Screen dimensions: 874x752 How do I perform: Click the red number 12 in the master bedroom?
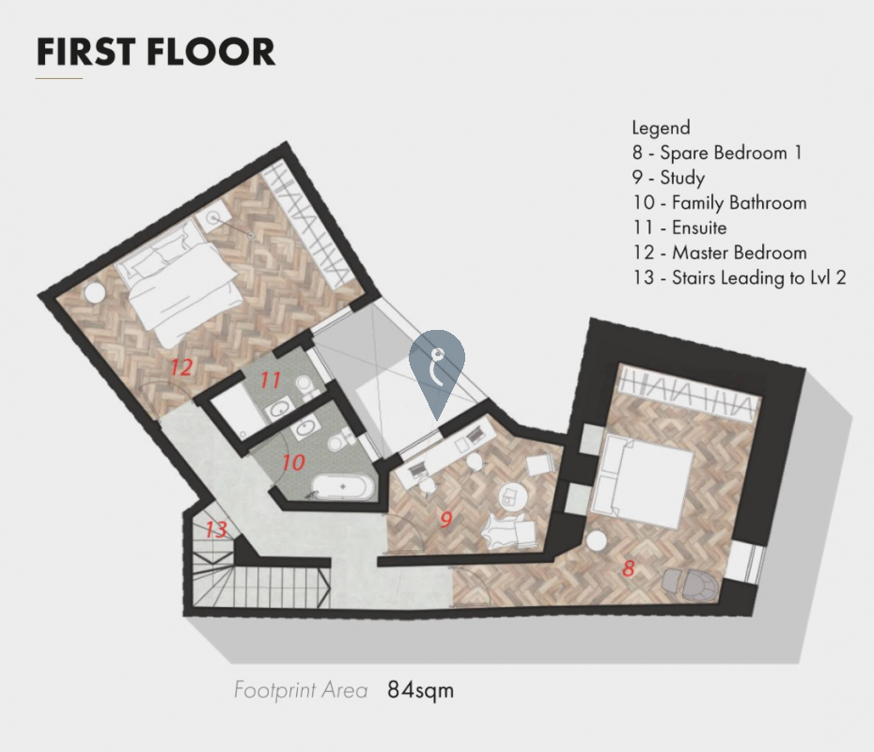(181, 368)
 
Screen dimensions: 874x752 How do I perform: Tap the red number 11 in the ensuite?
(271, 380)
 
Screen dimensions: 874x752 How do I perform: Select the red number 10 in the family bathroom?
(293, 462)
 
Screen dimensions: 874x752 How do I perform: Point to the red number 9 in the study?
(445, 520)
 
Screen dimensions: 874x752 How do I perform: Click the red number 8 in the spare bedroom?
(628, 569)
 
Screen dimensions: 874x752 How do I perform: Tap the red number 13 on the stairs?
(216, 529)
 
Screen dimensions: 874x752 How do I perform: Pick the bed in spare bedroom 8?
(642, 480)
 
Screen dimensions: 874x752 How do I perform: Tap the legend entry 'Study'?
(682, 178)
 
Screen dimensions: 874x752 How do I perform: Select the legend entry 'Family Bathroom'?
(739, 202)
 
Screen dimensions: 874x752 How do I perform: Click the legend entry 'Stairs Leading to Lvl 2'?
(758, 277)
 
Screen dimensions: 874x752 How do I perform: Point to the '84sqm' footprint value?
(421, 690)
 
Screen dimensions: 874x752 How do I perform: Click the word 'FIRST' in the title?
(86, 52)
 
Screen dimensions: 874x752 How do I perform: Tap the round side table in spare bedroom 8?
(596, 540)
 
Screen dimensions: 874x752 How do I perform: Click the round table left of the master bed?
(95, 292)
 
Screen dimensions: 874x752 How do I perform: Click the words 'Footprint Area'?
(301, 690)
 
